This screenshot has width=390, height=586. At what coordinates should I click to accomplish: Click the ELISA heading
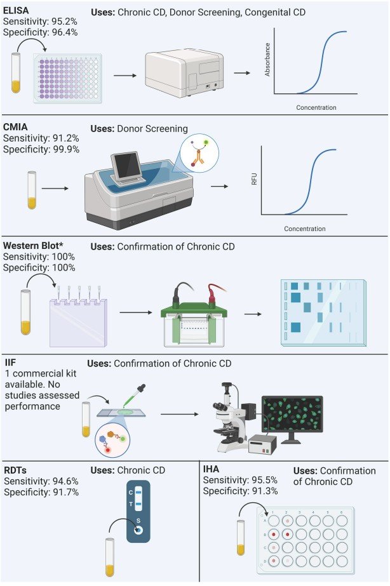(16, 10)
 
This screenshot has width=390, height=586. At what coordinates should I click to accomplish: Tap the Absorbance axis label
(267, 60)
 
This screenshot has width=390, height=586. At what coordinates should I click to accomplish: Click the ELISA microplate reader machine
(184, 74)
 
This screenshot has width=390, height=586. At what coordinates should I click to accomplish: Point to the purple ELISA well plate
(68, 78)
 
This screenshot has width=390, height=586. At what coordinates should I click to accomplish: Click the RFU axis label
(254, 179)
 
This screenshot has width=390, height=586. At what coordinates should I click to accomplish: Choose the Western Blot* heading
(33, 246)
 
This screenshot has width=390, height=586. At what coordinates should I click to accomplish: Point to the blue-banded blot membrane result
(324, 312)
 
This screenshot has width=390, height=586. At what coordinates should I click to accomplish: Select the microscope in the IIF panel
(229, 418)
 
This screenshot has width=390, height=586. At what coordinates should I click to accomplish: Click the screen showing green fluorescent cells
(292, 414)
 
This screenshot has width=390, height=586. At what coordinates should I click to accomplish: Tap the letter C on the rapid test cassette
(130, 493)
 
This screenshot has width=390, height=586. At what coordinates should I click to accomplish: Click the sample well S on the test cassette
(138, 529)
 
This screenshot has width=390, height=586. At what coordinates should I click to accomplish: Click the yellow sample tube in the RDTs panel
(109, 557)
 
